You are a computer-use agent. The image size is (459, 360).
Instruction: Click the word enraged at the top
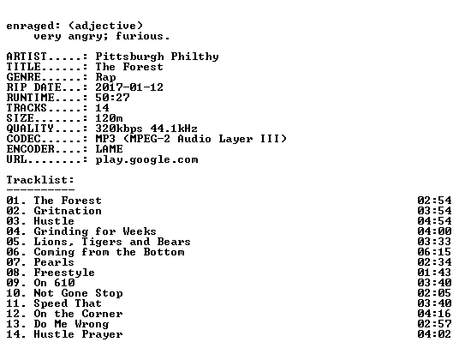(x=30, y=27)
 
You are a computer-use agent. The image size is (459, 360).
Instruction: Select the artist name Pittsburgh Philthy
(x=157, y=57)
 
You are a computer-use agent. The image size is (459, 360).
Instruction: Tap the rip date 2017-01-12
(x=129, y=87)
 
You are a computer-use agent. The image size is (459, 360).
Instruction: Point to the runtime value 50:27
(x=112, y=98)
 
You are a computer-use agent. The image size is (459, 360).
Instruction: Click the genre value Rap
(x=105, y=77)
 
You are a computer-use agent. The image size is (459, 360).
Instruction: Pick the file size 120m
(x=109, y=118)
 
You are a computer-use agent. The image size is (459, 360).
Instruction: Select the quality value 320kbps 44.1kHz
(x=146, y=129)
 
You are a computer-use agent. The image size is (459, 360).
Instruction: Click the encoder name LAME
(x=109, y=149)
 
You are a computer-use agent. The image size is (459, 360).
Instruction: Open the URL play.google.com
(x=146, y=160)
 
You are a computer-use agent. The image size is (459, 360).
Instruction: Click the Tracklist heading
(x=40, y=180)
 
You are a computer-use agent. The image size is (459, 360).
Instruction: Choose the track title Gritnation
(x=68, y=211)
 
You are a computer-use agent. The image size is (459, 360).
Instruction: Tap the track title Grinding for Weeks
(x=95, y=231)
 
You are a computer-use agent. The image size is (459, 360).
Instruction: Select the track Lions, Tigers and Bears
(x=112, y=242)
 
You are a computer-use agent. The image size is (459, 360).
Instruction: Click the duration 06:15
(x=434, y=252)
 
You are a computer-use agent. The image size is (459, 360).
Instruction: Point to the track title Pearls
(x=54, y=262)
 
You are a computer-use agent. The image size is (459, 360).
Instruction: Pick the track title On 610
(x=54, y=283)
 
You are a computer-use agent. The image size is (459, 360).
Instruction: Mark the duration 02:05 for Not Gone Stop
(x=434, y=293)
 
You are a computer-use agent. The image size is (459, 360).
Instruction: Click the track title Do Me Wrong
(x=71, y=324)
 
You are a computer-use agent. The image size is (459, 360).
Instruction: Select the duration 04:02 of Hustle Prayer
(x=434, y=334)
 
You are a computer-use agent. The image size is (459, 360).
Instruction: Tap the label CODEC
(x=23, y=139)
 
